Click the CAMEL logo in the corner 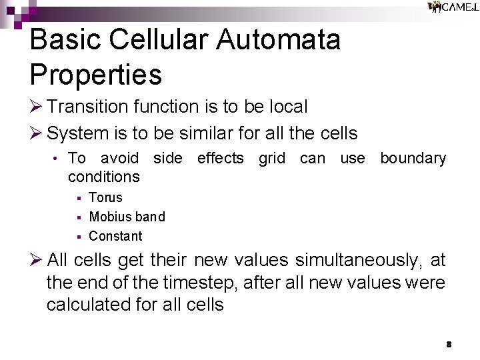(453, 7)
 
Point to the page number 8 (449, 345)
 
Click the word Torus (105, 197)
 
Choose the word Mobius (108, 217)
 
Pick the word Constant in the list (115, 236)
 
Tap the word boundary (413, 159)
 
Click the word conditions (104, 177)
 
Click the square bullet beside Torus (78, 198)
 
